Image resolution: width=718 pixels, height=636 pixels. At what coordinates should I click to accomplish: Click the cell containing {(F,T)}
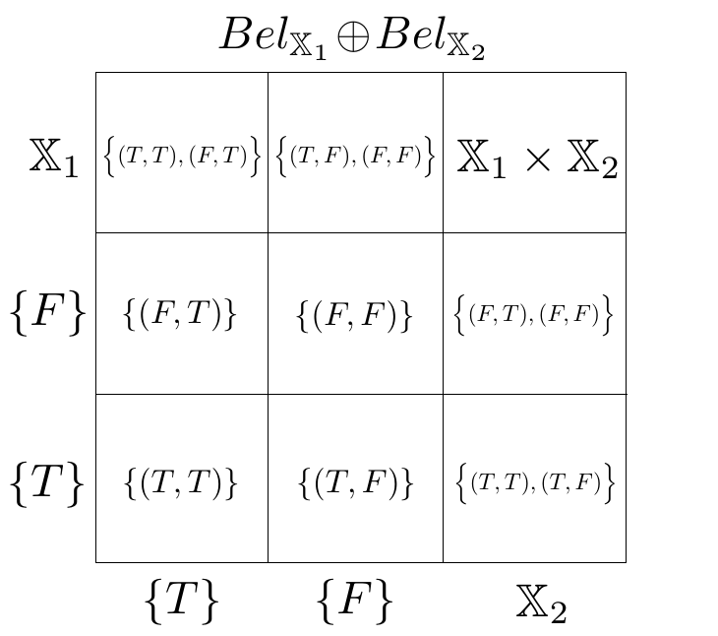181,313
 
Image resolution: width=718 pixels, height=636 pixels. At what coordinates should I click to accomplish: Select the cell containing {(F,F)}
355,314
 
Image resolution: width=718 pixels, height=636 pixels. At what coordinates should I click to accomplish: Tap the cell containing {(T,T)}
181,482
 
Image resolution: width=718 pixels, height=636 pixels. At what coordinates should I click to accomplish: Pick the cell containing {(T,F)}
355,482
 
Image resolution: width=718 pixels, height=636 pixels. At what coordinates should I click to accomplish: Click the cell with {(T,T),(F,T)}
182,155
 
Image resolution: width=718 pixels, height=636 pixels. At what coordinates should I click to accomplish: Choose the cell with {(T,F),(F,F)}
355,155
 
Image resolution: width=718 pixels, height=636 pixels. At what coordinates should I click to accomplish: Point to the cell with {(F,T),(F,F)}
534,314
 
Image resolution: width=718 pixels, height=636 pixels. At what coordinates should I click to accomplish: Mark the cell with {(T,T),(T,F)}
534,482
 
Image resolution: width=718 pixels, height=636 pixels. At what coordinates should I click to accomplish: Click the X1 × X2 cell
536,158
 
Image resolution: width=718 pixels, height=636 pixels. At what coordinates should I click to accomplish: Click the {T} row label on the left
47,482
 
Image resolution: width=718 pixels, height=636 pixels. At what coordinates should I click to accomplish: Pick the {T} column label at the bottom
181,599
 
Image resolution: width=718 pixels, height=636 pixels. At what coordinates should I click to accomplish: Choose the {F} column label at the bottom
355,599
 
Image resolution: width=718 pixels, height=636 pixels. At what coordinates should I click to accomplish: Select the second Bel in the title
412,35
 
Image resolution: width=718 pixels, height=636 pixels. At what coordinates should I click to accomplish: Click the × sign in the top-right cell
536,159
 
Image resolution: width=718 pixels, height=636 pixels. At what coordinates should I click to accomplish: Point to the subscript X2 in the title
470,47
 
